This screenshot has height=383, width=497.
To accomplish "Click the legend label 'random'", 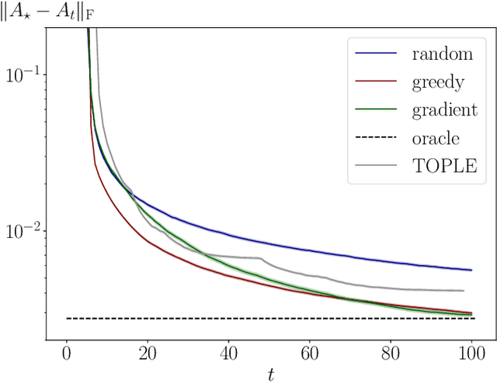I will click(x=442, y=54).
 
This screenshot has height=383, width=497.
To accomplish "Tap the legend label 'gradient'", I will click(x=446, y=110).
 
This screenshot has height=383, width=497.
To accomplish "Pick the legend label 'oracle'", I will click(x=437, y=138).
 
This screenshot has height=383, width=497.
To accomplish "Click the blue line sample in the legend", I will click(x=377, y=54).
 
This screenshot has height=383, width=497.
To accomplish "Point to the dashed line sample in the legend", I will click(x=377, y=138).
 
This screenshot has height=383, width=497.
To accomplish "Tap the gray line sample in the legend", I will click(x=377, y=165).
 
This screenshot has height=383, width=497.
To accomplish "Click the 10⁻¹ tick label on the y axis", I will click(x=26, y=74).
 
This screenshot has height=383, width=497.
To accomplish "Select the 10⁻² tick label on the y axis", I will click(x=26, y=231).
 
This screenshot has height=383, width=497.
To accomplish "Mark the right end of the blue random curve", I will click(x=471, y=270).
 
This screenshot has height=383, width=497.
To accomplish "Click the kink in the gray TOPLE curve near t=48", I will click(x=261, y=257).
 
